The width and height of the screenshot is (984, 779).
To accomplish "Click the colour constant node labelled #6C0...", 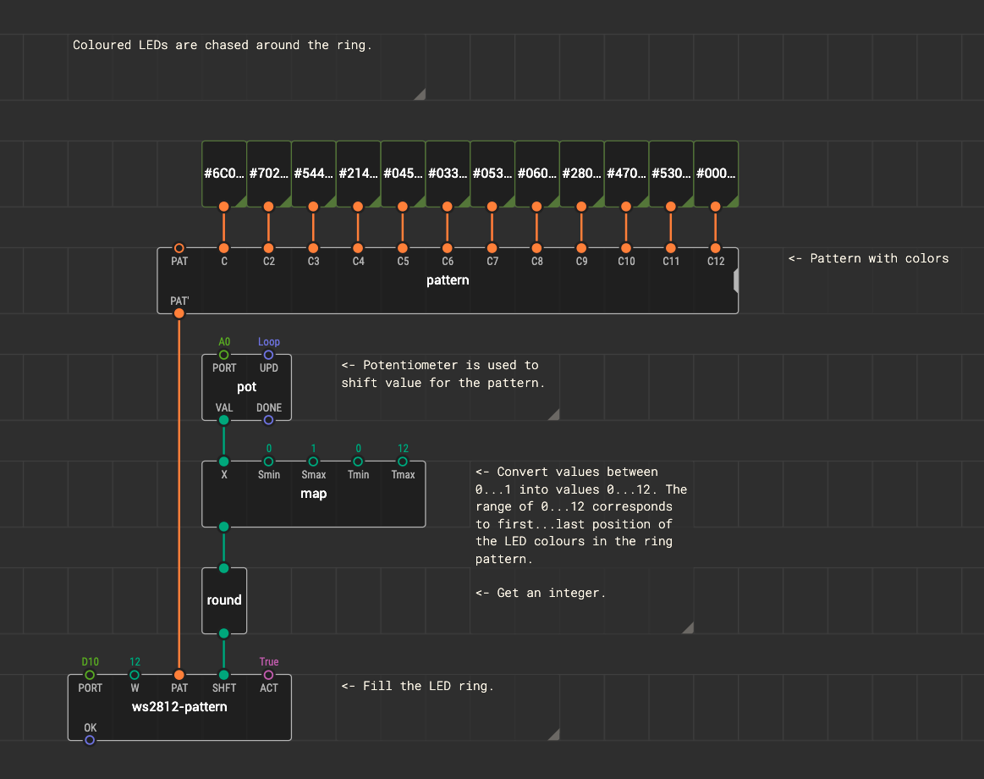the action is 224,174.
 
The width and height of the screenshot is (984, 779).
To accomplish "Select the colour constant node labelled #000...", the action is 716,174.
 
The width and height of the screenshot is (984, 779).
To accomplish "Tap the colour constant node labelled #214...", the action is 359,174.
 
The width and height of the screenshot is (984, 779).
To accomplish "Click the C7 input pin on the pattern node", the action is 492,248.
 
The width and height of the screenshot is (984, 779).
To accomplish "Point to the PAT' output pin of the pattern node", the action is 179,313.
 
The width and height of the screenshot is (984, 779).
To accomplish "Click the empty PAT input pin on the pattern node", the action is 179,248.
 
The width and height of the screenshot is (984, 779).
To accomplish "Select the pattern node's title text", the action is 448,280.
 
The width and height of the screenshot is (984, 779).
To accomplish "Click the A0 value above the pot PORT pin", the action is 224,342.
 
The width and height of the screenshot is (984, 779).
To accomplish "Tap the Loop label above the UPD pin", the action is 268,342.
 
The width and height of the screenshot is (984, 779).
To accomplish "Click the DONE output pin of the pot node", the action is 268,420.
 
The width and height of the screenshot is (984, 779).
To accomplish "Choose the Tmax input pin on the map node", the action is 403,461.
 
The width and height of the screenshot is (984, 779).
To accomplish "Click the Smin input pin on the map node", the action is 268,461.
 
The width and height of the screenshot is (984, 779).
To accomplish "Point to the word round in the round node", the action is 224,600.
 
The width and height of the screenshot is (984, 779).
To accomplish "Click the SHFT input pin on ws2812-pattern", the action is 224,676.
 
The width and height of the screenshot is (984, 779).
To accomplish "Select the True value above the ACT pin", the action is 268,661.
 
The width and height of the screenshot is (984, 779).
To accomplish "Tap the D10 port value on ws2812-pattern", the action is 90,661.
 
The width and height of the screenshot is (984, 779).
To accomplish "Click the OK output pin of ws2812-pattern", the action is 90,741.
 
